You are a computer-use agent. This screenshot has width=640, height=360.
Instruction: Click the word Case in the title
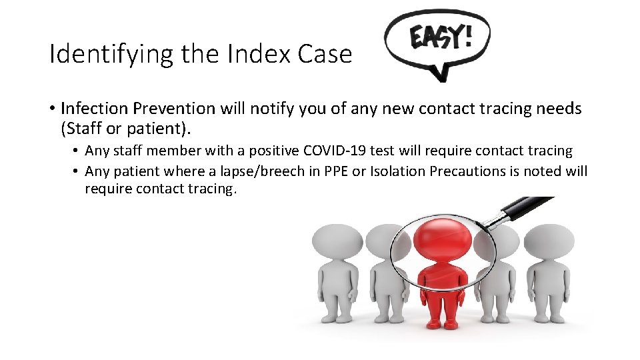(x=324, y=54)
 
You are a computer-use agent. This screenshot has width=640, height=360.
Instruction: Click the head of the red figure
(x=434, y=238)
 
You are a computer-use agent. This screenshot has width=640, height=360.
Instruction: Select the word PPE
(x=335, y=171)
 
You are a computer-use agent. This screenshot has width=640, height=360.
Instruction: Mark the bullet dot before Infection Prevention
(x=51, y=109)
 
